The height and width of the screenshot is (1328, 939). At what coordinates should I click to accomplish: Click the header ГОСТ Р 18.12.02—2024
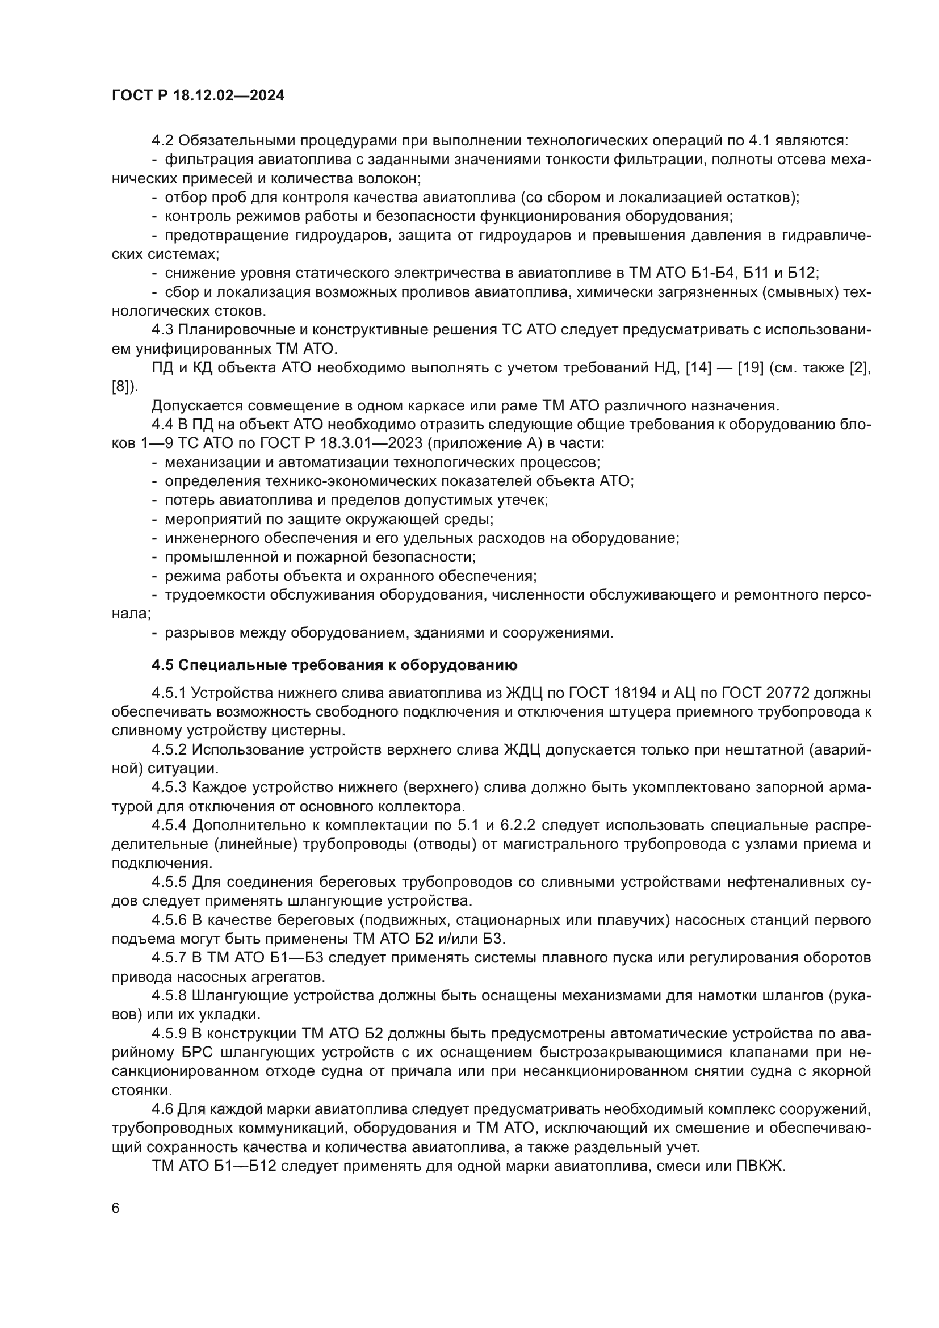(198, 96)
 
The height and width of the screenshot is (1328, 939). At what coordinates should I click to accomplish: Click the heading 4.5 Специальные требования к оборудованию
(334, 665)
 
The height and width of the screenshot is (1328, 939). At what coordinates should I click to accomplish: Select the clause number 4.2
(163, 141)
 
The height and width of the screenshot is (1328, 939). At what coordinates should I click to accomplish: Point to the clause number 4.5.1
(169, 693)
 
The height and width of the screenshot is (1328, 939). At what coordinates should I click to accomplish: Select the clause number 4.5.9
(169, 1033)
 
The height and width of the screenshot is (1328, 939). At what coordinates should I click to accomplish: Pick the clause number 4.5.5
(169, 882)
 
